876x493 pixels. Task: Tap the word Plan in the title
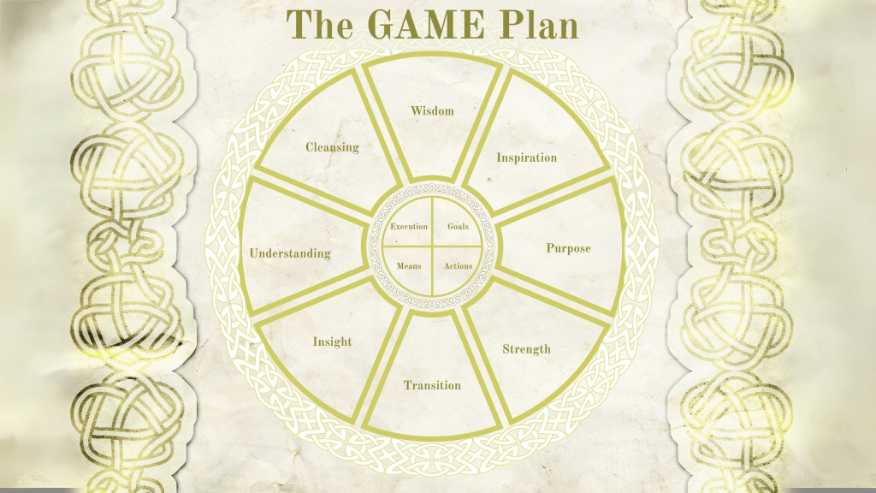pyautogui.click(x=540, y=25)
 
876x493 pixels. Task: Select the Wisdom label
pyautogui.click(x=432, y=110)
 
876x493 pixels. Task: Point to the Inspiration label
pyautogui.click(x=527, y=157)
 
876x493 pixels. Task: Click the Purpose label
pyautogui.click(x=568, y=248)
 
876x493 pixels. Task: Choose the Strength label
pyautogui.click(x=526, y=348)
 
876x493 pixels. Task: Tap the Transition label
pyautogui.click(x=432, y=385)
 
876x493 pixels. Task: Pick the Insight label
pyautogui.click(x=332, y=342)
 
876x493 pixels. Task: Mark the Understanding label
pyautogui.click(x=289, y=253)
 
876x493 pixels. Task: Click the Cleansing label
pyautogui.click(x=332, y=146)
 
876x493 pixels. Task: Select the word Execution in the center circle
pyautogui.click(x=409, y=227)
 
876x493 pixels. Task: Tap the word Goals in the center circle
pyautogui.click(x=458, y=227)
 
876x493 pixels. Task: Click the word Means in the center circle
pyautogui.click(x=409, y=266)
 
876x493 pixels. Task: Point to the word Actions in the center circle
pyautogui.click(x=458, y=266)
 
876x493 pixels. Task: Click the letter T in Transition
pyautogui.click(x=408, y=385)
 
